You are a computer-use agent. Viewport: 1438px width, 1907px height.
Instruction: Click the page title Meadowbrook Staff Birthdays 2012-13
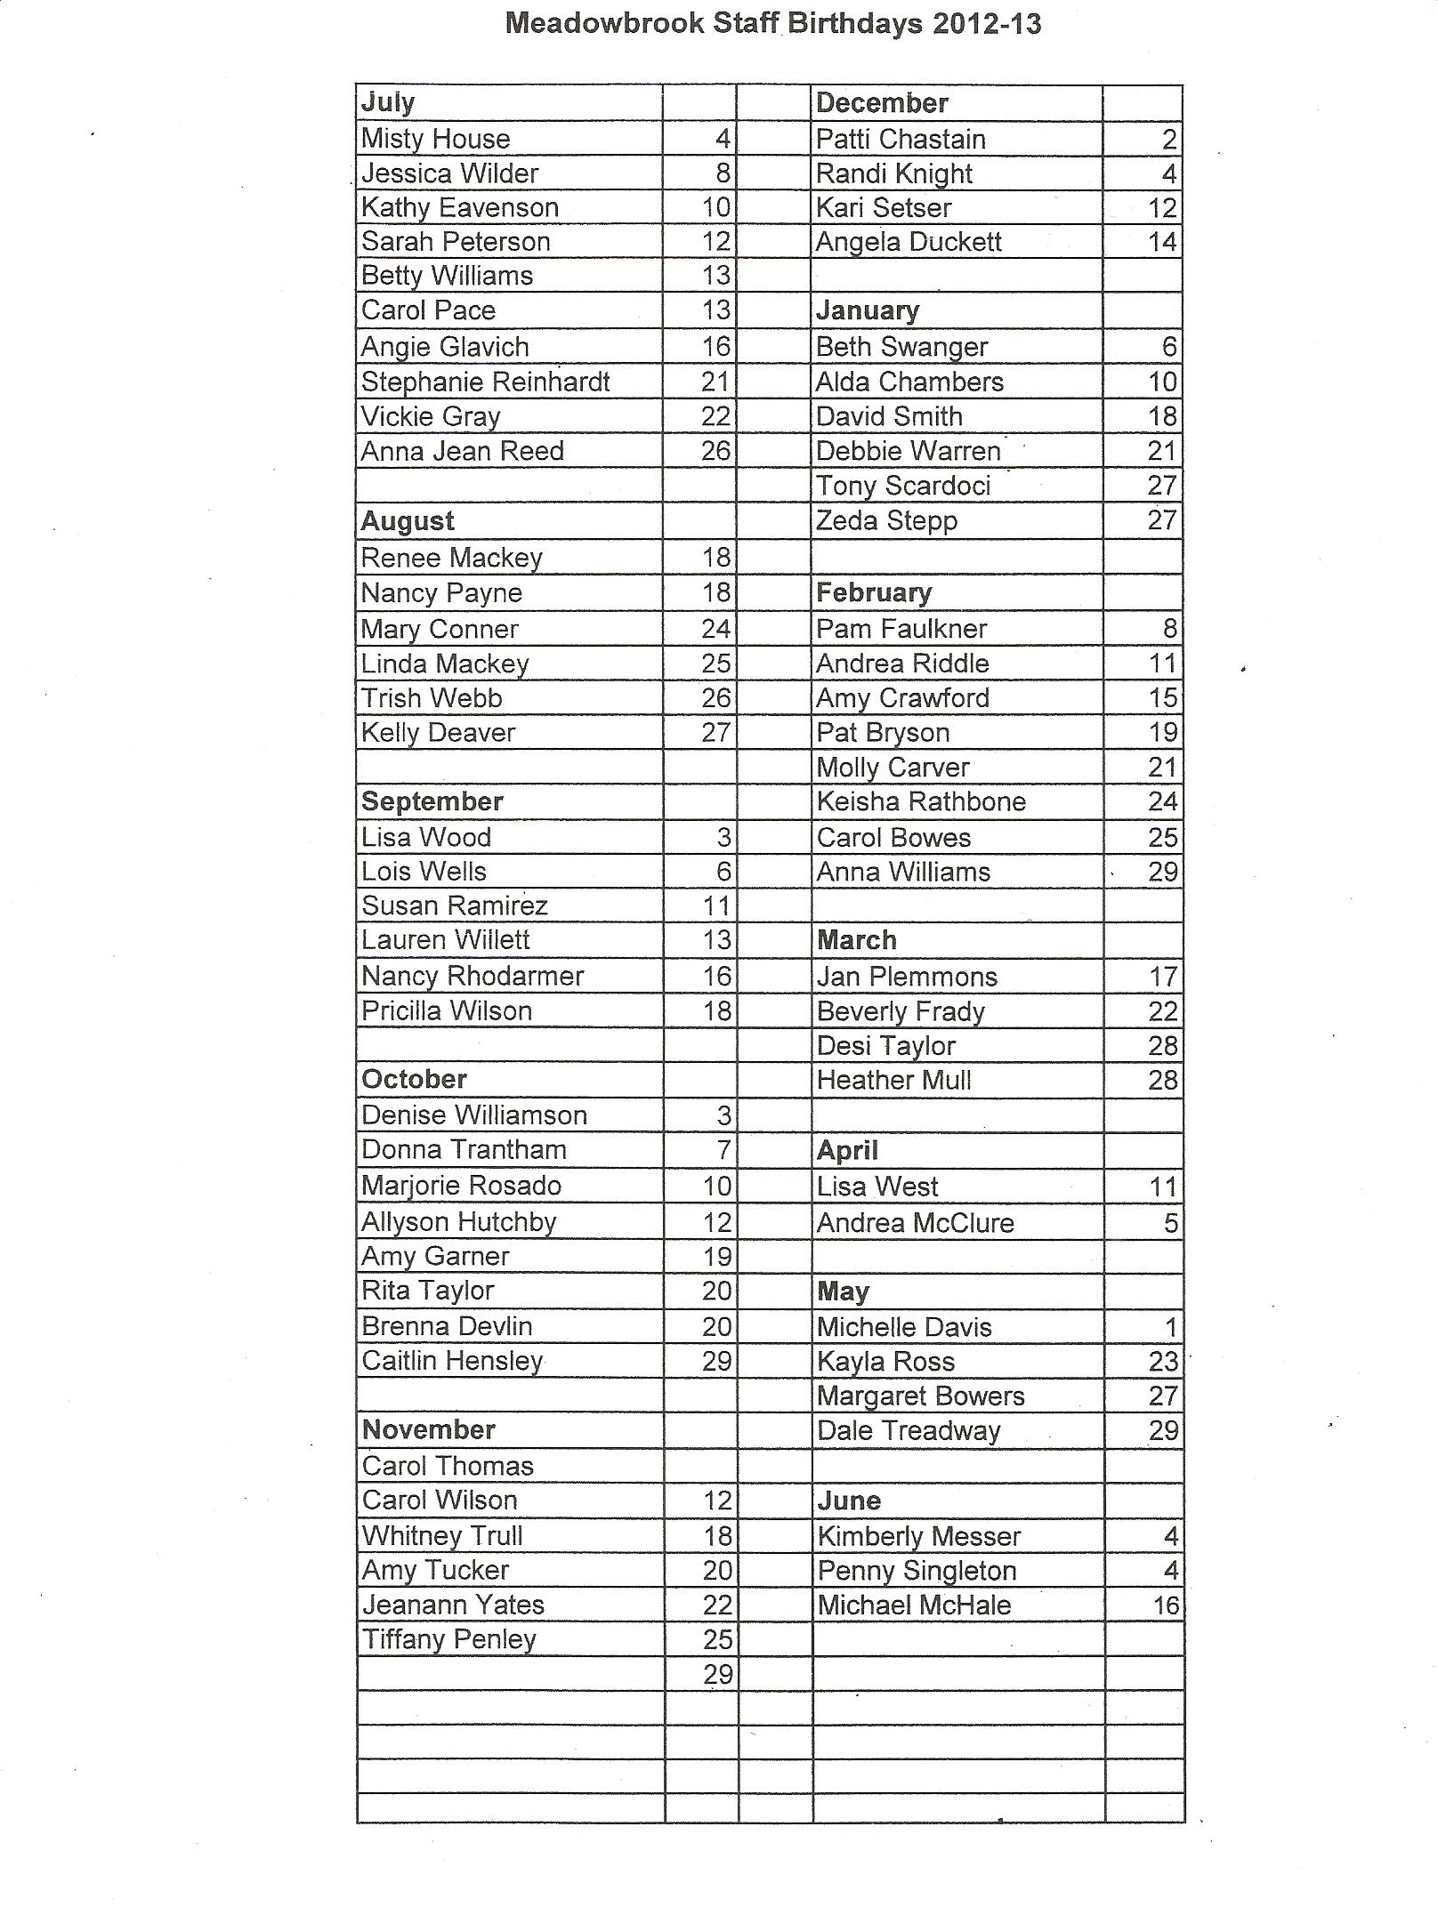tap(772, 23)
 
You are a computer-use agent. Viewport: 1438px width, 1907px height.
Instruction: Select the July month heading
tap(388, 102)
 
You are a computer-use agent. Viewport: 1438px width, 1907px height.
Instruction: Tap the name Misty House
tap(435, 139)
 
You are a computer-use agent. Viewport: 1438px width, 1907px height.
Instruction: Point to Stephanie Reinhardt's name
tap(485, 382)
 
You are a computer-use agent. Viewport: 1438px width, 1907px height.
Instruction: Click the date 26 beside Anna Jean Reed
tap(715, 451)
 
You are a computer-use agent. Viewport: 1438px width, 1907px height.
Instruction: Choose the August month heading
tap(408, 521)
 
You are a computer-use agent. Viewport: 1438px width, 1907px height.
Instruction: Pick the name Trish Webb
tap(432, 698)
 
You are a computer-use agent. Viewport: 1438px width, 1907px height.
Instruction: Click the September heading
tap(432, 801)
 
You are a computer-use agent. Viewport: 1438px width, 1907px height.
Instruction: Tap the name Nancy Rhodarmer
tap(473, 976)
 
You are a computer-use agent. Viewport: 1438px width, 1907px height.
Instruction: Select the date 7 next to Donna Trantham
tap(723, 1150)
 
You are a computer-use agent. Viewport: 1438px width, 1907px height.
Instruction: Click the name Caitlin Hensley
tap(452, 1361)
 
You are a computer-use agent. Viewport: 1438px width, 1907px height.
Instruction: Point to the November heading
tap(429, 1429)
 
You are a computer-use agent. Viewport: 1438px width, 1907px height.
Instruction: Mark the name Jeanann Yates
tap(453, 1605)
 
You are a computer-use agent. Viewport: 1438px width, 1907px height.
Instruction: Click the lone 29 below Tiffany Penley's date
tap(717, 1674)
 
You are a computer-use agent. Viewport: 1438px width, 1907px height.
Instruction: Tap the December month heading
tap(882, 103)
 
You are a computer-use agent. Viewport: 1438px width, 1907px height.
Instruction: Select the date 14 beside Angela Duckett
tap(1162, 242)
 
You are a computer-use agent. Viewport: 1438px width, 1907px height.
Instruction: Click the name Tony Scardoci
tap(903, 486)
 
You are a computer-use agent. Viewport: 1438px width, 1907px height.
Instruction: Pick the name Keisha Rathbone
tap(921, 801)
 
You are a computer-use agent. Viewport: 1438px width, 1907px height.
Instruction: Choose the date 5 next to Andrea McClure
tap(1171, 1223)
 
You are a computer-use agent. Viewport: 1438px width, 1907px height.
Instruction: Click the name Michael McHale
tap(914, 1605)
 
